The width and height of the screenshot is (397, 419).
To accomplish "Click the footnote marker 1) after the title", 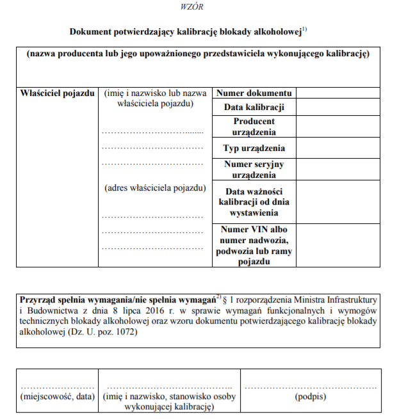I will [x=305, y=28].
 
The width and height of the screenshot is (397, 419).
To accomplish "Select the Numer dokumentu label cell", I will [x=254, y=93].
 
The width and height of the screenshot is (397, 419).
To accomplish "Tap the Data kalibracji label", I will [x=254, y=107].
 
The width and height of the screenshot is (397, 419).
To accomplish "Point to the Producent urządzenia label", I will [x=254, y=127].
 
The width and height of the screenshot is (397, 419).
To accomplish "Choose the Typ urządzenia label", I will [x=254, y=148].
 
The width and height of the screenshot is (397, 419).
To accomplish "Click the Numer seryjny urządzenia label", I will [x=254, y=170].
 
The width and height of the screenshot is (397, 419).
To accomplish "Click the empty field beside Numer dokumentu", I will [x=337, y=93].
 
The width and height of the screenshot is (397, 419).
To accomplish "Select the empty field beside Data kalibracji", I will [x=337, y=107].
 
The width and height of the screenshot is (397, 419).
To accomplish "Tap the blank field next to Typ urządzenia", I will [x=337, y=148].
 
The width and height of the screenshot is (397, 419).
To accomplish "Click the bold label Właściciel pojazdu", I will [x=58, y=93].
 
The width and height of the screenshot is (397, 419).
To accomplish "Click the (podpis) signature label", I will [x=311, y=397].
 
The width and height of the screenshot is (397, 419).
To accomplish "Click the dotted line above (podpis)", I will [x=311, y=387].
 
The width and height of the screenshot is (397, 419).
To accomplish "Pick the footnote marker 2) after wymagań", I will [x=218, y=296].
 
